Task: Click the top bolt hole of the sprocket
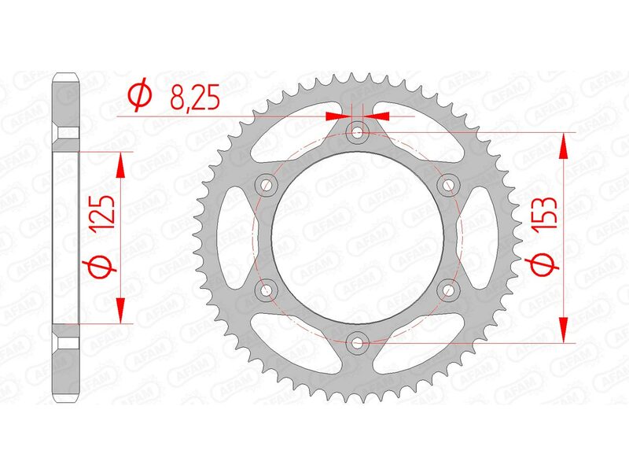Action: click(359, 131)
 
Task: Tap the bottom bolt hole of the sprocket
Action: click(359, 342)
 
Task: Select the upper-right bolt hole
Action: click(449, 185)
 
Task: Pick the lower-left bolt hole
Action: click(267, 290)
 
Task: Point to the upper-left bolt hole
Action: click(267, 185)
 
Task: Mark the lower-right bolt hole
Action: click(449, 290)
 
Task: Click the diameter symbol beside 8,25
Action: click(139, 97)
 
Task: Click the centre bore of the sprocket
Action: click(359, 237)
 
